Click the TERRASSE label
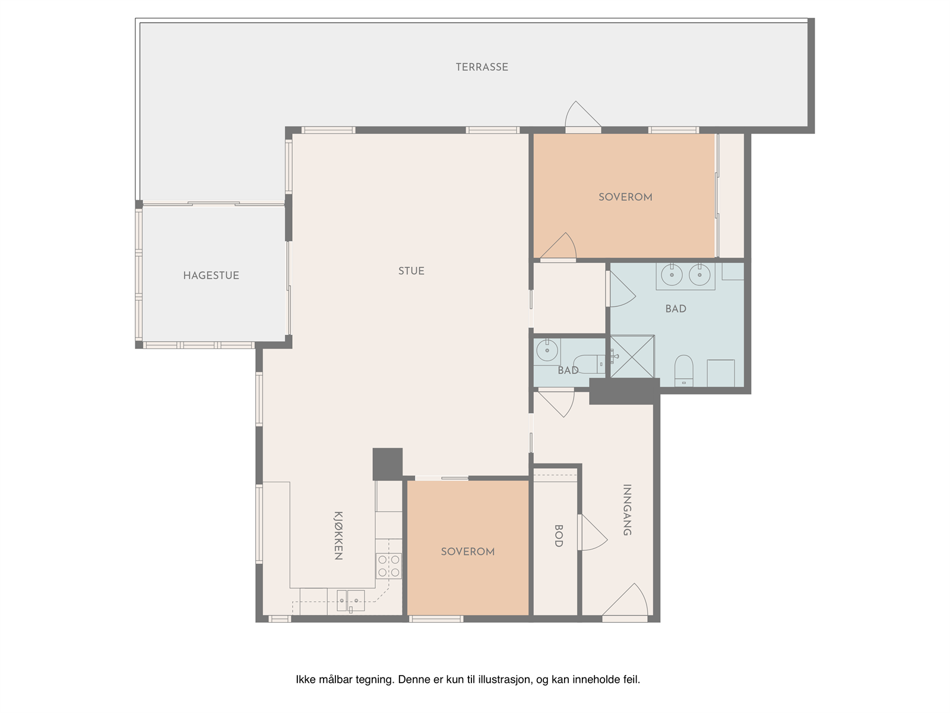(x=482, y=67)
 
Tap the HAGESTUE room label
(x=211, y=275)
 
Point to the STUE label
(x=411, y=271)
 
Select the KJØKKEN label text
(x=338, y=535)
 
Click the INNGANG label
(x=627, y=510)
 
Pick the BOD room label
(x=559, y=536)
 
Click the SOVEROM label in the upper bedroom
(x=625, y=197)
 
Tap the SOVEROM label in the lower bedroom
(x=467, y=551)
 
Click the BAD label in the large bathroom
(x=676, y=308)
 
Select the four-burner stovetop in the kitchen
(x=389, y=566)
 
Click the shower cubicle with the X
(x=632, y=356)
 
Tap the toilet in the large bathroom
(x=684, y=371)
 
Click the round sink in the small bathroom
(x=547, y=350)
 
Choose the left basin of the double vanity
(x=672, y=275)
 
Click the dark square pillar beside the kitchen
(x=388, y=464)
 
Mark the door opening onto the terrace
(x=583, y=116)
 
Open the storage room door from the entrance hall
(x=593, y=532)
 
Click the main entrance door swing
(x=625, y=601)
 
